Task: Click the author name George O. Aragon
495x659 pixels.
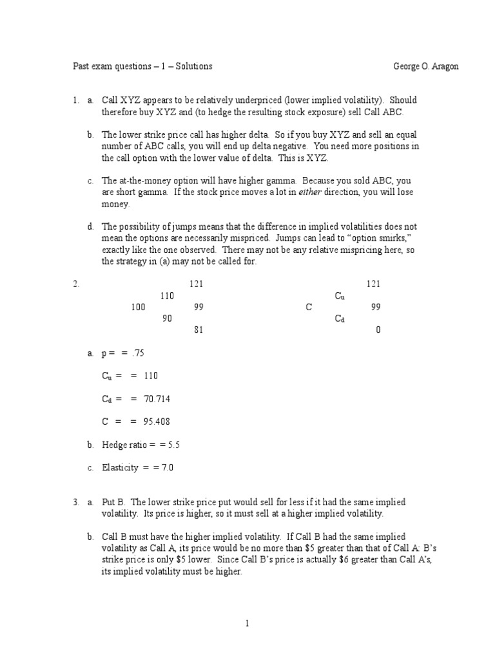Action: tap(426, 66)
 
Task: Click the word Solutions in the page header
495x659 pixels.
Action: tap(191, 66)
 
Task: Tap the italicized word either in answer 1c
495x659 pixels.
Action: tap(320, 192)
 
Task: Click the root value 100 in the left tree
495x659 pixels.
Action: tap(138, 308)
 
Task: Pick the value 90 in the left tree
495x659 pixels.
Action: tap(167, 319)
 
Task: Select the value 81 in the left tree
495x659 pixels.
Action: tap(199, 330)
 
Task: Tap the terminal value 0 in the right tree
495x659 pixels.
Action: tap(378, 330)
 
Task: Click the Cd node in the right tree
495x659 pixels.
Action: tap(340, 319)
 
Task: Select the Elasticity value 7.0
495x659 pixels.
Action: tap(168, 468)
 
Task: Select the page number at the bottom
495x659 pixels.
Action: tap(247, 623)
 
